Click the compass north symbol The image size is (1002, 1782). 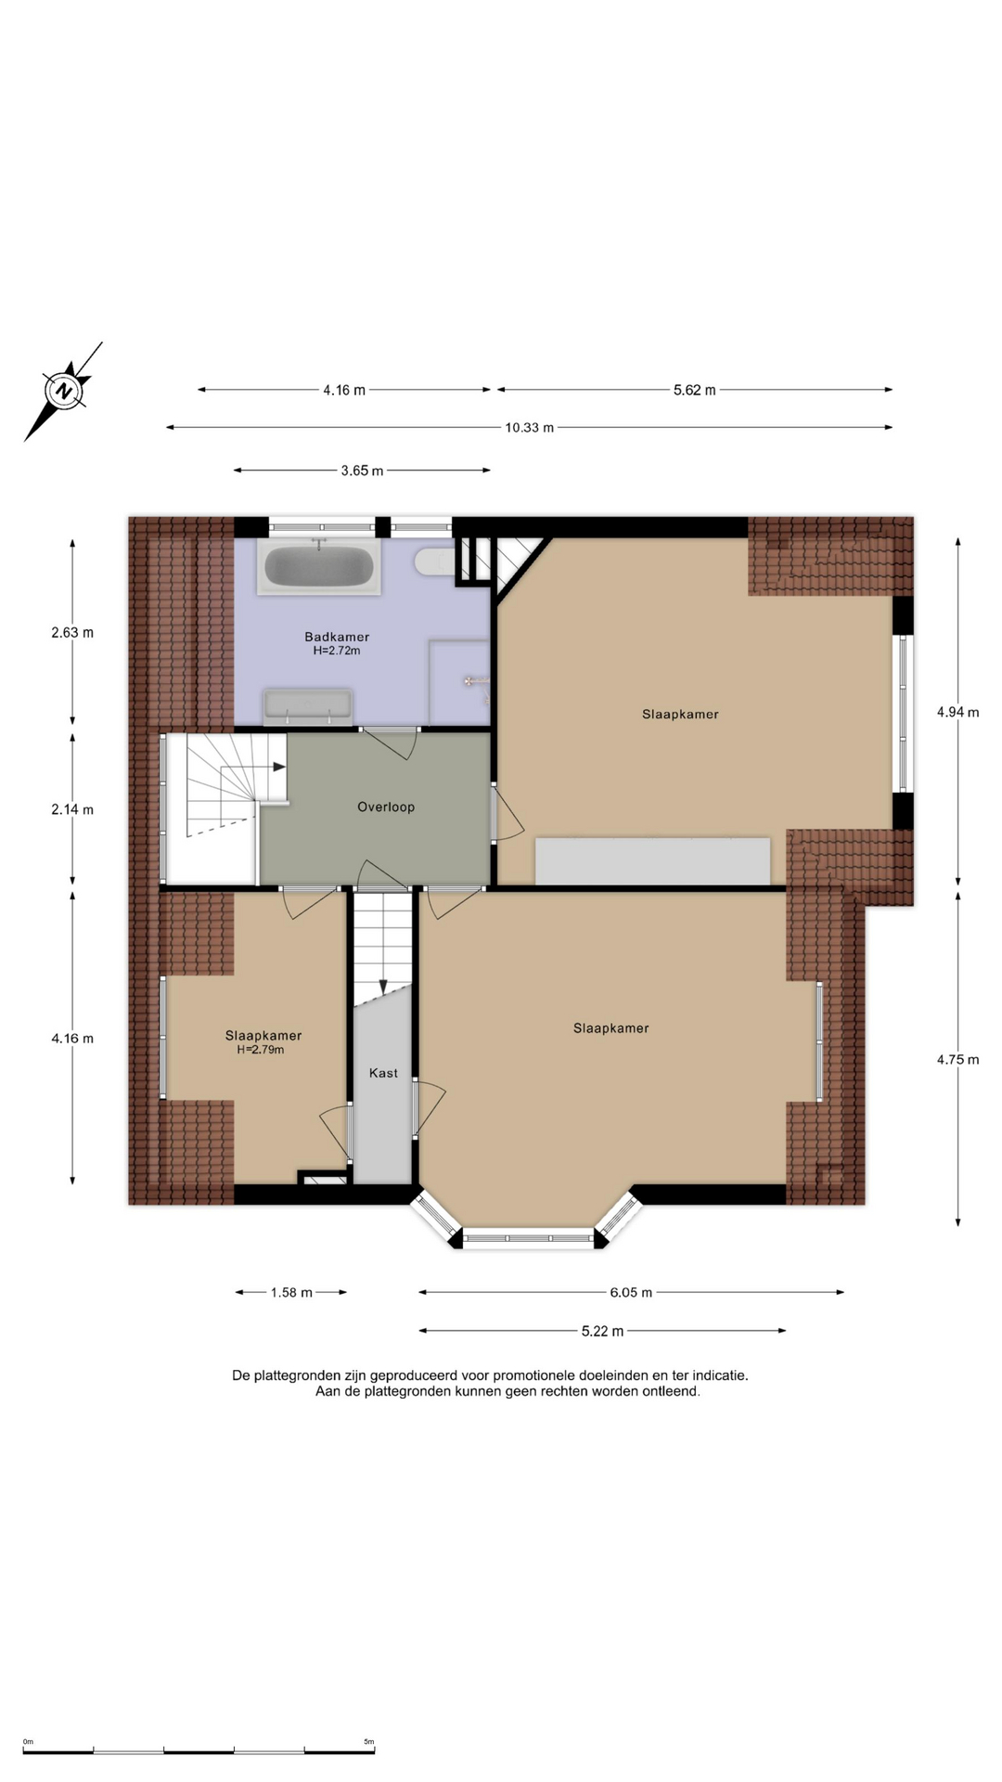[x=63, y=391]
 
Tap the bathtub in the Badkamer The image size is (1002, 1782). [x=319, y=566]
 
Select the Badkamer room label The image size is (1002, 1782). [x=337, y=637]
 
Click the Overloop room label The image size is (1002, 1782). [x=386, y=807]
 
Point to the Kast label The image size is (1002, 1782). [x=383, y=1073]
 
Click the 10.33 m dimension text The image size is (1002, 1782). [x=530, y=428]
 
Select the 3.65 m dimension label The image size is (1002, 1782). [x=362, y=471]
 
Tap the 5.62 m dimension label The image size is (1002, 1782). [x=695, y=390]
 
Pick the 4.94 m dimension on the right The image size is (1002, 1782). [x=957, y=712]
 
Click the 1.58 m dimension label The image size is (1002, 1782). [x=291, y=1292]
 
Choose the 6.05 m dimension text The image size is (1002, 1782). [x=631, y=1292]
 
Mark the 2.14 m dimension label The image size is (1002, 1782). [x=72, y=809]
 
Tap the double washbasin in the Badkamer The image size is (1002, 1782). [x=308, y=706]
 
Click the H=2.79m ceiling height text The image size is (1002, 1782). [x=261, y=1050]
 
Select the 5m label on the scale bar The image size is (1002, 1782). [x=368, y=1742]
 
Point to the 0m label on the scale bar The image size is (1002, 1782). [x=28, y=1742]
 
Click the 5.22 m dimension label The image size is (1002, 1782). [x=602, y=1331]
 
